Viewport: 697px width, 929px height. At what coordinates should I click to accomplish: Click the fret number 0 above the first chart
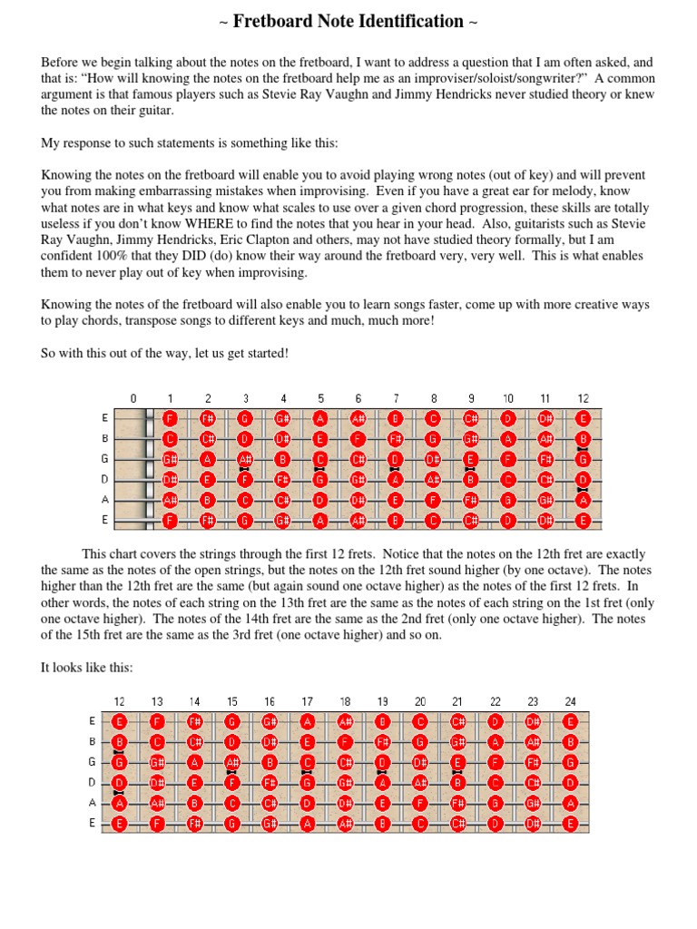coord(133,398)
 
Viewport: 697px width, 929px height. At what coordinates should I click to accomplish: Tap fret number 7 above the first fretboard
coord(397,398)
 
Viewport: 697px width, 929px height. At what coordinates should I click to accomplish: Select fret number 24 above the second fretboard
coord(570,701)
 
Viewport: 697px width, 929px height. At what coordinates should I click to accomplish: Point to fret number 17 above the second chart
coord(308,701)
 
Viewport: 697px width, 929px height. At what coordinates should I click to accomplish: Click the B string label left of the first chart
coord(106,439)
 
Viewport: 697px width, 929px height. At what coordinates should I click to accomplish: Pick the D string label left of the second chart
coord(93,782)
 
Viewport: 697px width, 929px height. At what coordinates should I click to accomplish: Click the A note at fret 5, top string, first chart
coord(320,419)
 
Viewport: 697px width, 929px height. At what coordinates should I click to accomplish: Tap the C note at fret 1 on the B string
coord(170,439)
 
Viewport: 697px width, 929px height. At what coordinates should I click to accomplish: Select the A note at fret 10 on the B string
coord(508,439)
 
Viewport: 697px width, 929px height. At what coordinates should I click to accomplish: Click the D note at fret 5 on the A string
coord(320,500)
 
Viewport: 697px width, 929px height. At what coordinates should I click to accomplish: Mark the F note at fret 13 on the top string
coord(157,722)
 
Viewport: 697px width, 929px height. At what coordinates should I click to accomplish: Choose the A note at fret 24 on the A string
coord(570,802)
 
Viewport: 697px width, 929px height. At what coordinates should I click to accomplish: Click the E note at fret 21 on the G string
coord(457,762)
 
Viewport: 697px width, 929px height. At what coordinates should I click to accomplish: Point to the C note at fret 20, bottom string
coord(420,823)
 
